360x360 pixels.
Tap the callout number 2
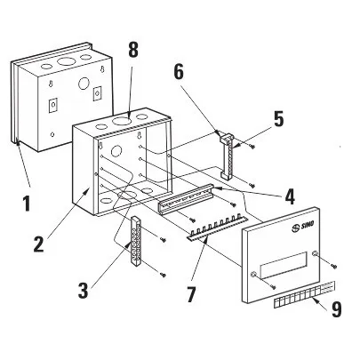[39, 243]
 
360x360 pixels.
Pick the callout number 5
[278, 119]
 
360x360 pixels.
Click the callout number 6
[179, 72]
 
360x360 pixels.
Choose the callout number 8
[133, 50]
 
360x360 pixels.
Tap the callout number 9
[336, 309]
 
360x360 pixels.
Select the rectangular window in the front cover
[284, 265]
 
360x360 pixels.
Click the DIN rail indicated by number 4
[187, 201]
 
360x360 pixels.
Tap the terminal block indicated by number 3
[136, 242]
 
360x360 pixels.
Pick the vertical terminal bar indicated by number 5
[227, 156]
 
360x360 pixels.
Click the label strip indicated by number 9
[304, 295]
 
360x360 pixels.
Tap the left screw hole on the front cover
[252, 275]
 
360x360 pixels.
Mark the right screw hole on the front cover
[315, 253]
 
